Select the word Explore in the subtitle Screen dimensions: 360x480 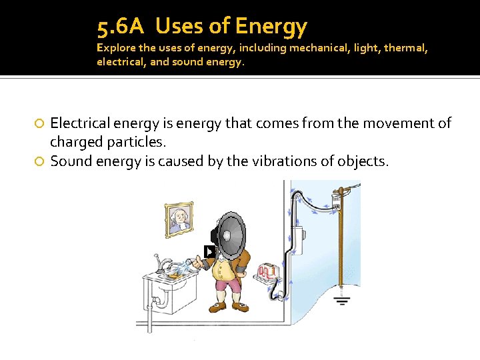click(x=114, y=48)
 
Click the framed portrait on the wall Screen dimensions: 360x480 click(x=178, y=218)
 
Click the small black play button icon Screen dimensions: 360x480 click(x=209, y=251)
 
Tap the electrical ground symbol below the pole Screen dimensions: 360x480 click(x=342, y=300)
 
